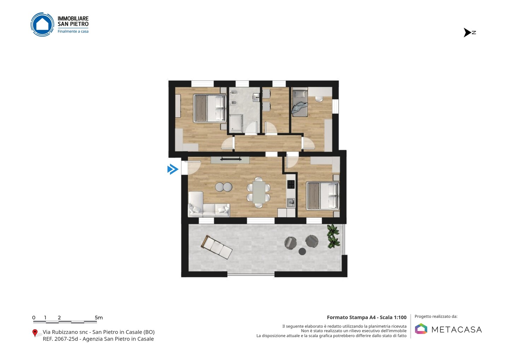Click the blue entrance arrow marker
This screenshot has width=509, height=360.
173,169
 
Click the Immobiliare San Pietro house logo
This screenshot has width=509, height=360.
42,24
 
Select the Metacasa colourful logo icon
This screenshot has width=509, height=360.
421,329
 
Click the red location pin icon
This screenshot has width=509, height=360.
35,333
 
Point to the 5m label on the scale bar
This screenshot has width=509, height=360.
99,318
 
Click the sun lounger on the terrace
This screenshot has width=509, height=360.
217,247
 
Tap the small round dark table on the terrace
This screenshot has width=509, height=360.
302,251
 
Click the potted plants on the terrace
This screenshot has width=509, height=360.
333,236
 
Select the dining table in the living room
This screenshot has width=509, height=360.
259,192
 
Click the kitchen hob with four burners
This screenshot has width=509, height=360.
291,184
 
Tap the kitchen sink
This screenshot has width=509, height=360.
291,202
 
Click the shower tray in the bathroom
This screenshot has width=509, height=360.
236,123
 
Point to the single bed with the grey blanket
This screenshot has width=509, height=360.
300,104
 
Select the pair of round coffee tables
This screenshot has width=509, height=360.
224,187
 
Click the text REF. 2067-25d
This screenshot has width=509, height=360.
60,339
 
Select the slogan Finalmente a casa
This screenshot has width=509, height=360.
73,31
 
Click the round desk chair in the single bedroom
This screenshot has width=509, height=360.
319,99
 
